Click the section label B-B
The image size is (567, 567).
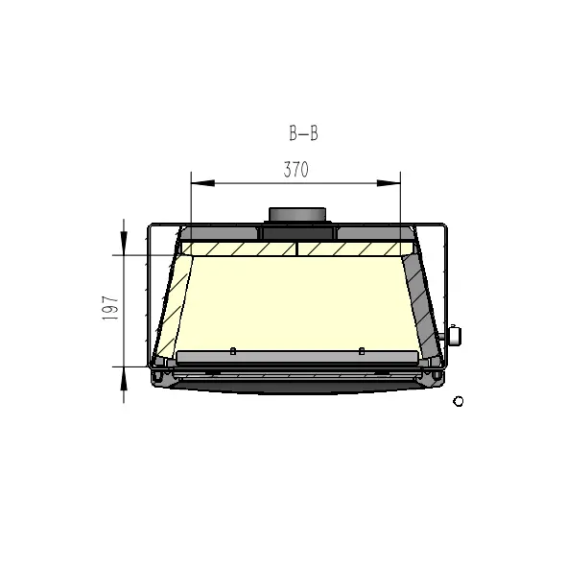click(303, 133)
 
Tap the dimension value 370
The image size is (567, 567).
click(296, 170)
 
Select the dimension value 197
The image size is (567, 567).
click(110, 308)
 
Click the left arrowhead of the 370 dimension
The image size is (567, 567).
click(202, 183)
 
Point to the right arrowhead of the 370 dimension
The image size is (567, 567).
click(389, 183)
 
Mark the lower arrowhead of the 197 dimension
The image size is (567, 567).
click(124, 379)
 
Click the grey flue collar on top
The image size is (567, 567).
click(297, 214)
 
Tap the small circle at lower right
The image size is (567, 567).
click(459, 401)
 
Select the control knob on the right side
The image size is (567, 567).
click(454, 336)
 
